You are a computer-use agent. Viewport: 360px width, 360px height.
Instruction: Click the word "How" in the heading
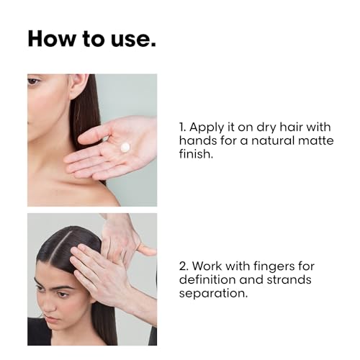coord(51,38)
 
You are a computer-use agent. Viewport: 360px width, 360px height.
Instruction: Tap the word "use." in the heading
coord(133,40)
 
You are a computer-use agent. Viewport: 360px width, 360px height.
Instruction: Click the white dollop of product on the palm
coord(125,147)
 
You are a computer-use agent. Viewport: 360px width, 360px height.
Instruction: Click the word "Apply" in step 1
coord(207,128)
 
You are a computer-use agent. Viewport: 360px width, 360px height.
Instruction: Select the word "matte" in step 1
coord(316,140)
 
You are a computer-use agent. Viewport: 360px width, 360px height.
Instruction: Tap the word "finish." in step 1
coord(196,153)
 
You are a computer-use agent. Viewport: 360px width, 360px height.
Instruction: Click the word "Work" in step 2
coord(207,266)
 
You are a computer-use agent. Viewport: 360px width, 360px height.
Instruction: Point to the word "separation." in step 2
coord(213,294)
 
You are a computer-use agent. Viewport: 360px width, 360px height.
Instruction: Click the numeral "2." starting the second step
coord(184,266)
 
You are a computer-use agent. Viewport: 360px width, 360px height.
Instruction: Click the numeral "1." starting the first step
coord(183,127)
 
